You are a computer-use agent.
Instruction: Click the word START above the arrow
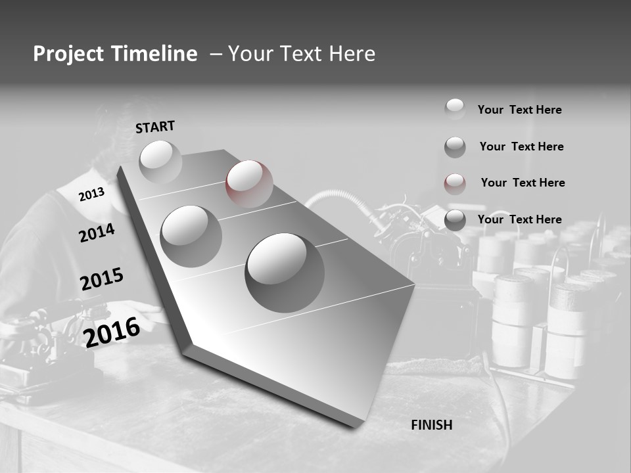155,127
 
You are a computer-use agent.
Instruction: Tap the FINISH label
432,425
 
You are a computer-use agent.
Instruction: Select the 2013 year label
91,194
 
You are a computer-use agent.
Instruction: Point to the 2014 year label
97,233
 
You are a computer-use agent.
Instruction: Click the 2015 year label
102,279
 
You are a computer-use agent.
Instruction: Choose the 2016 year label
112,332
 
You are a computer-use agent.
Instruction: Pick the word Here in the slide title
348,54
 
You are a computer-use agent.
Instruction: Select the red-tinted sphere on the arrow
249,183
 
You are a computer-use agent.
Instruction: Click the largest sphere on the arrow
285,272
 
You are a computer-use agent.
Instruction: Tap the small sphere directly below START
160,161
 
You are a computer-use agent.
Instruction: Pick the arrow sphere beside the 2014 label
191,236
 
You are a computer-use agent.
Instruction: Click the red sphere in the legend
455,183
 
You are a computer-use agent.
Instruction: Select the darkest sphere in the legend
455,220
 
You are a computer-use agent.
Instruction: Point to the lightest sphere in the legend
455,108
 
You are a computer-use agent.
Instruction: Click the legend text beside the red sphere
523,183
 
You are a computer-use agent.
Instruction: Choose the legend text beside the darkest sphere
519,219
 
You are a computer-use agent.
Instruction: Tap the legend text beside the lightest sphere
519,110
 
